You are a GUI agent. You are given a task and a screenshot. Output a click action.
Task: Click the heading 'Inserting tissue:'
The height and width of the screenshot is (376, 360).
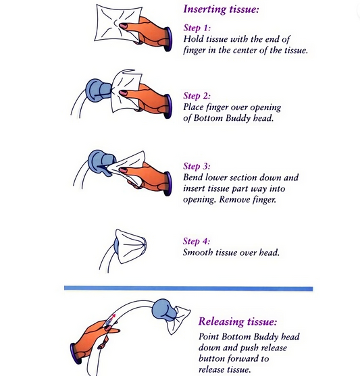tap(221, 9)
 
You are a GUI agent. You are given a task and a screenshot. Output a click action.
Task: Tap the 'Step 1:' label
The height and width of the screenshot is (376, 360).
tap(197, 28)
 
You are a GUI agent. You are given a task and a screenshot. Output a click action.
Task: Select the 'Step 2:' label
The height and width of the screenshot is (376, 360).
tap(197, 96)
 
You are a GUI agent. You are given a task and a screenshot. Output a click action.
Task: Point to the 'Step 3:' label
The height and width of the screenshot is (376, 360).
tap(197, 166)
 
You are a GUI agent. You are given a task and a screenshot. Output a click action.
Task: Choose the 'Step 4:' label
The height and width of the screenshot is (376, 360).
tap(197, 241)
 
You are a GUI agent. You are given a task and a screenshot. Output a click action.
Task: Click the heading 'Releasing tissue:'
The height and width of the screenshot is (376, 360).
tap(238, 321)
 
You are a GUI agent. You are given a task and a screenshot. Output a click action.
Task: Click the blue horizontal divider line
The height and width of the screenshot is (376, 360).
tap(188, 288)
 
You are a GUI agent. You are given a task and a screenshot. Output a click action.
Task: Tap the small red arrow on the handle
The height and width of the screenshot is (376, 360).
tap(113, 317)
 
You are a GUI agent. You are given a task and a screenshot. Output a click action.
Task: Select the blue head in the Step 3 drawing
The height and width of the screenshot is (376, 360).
tap(101, 162)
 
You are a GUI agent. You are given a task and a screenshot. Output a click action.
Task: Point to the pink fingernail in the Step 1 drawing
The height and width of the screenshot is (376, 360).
tap(124, 26)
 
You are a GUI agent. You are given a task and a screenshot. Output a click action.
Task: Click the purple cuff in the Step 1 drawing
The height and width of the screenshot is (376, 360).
tap(168, 39)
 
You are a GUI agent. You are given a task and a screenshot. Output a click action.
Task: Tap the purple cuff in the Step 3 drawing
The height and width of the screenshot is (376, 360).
tap(168, 184)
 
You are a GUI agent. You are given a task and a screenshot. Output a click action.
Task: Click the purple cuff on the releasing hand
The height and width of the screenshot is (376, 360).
tap(76, 354)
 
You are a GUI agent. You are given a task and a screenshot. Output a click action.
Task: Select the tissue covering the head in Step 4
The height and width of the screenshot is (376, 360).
tap(131, 246)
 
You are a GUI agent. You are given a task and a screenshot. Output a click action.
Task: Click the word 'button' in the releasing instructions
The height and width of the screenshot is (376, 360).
tap(212, 358)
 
